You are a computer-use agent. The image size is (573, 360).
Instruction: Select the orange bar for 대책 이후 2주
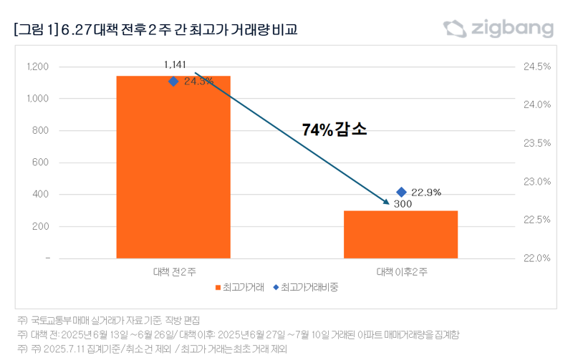click(400, 234)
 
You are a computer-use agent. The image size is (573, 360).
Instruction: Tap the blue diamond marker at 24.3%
click(173, 82)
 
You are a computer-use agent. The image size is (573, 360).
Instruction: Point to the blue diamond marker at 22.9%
click(401, 192)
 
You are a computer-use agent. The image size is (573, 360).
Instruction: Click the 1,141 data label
click(175, 65)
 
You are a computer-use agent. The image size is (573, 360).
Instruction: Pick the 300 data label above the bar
click(403, 205)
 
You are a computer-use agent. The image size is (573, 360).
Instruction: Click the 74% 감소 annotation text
click(334, 130)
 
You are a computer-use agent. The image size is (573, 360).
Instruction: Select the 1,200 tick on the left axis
click(37, 67)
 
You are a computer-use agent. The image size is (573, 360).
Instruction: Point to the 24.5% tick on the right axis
click(537, 67)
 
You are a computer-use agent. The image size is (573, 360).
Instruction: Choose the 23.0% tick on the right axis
click(537, 181)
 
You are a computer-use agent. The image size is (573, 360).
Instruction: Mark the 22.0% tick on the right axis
click(537, 258)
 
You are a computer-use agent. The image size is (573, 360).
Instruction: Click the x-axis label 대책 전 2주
click(174, 272)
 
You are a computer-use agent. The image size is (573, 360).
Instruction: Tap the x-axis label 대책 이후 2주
click(401, 272)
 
